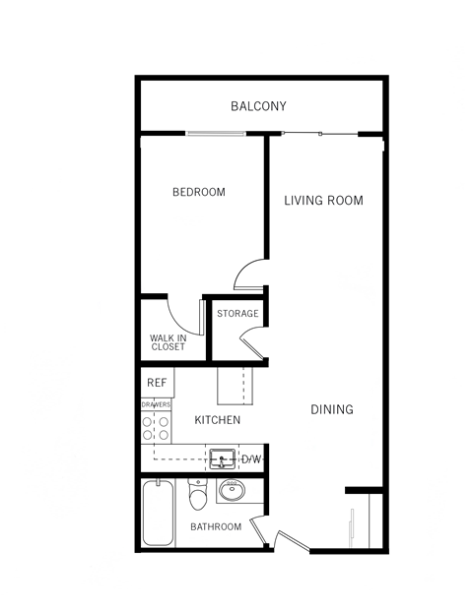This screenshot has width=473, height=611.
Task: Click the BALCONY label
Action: pyautogui.click(x=258, y=106)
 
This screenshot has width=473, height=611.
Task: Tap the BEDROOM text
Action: pyautogui.click(x=198, y=192)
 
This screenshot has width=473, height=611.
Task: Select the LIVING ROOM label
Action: pyautogui.click(x=323, y=201)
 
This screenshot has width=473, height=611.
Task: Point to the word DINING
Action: pyautogui.click(x=332, y=409)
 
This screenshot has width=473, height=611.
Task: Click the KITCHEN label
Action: pyautogui.click(x=217, y=420)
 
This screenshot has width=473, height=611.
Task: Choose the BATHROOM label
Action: pyautogui.click(x=216, y=527)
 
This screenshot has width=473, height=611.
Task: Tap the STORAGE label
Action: pyautogui.click(x=237, y=314)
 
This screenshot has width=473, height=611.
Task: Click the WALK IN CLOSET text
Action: pyautogui.click(x=168, y=342)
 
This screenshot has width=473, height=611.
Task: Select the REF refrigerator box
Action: pyautogui.click(x=156, y=383)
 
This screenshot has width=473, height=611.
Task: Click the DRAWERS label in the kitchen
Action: pyautogui.click(x=157, y=404)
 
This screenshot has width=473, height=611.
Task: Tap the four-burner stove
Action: pyautogui.click(x=157, y=428)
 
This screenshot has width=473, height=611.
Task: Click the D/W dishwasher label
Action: pyautogui.click(x=251, y=458)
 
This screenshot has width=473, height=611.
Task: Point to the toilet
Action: pyautogui.click(x=198, y=498)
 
